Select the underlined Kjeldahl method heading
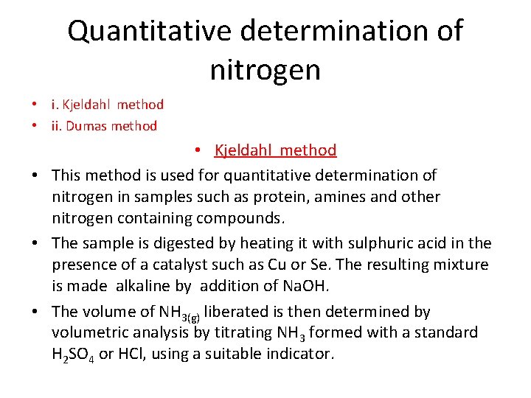pos(275,150)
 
